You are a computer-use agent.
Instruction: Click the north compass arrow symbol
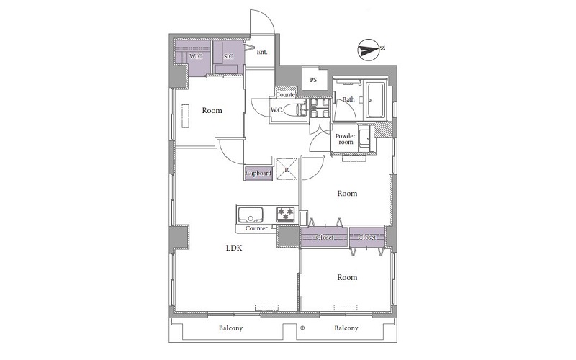coord(369,49)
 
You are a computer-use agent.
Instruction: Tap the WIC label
coord(196,57)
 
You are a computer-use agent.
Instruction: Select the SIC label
coord(228,57)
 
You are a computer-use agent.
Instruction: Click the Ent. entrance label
coord(262,52)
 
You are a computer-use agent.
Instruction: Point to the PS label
coord(313,80)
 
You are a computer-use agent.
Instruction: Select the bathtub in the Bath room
coord(375,100)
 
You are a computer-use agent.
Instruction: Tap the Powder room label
coord(346,139)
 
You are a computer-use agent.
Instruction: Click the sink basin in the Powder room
coord(365,138)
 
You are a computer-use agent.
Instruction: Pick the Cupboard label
coord(258,173)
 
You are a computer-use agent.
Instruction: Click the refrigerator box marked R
coord(287,168)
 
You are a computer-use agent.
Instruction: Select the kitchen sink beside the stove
coord(251,215)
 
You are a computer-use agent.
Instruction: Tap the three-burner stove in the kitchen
coord(286,215)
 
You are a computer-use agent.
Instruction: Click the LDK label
coord(234,248)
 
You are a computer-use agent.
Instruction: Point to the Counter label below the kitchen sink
coord(256,228)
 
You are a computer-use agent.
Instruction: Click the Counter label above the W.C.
coord(286,95)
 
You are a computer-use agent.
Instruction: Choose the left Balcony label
coord(230,328)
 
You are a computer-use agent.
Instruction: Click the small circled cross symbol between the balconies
coord(302,328)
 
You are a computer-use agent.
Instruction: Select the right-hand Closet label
coord(367,238)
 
